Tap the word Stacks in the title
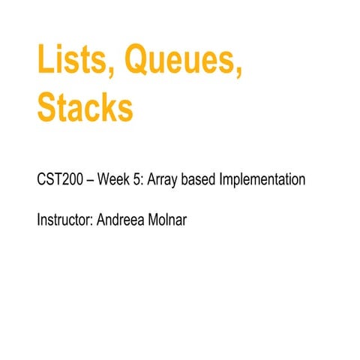pyautogui.click(x=85, y=108)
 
